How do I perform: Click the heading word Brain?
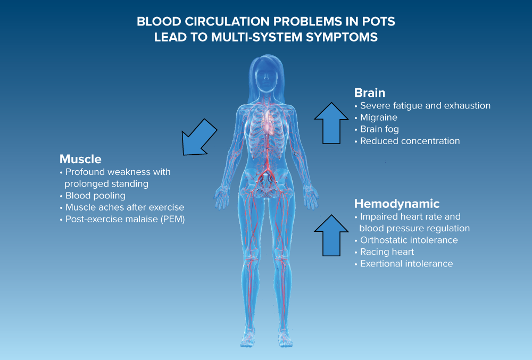coord(370,93)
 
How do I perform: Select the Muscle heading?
coord(80,159)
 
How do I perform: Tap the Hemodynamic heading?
coord(397,204)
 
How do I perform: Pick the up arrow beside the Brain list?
coord(330,123)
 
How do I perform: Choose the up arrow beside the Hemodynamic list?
coord(330,235)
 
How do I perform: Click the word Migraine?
coord(379,118)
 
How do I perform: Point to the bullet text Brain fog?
coord(379,129)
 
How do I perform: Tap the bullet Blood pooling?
coord(95,196)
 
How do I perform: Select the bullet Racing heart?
coord(387,252)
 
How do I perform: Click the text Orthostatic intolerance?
coord(409,240)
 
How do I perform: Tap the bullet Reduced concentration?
coord(410,141)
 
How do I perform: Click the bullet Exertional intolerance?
coord(406,263)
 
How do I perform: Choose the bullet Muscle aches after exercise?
coord(124,207)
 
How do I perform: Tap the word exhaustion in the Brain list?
coord(467,105)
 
